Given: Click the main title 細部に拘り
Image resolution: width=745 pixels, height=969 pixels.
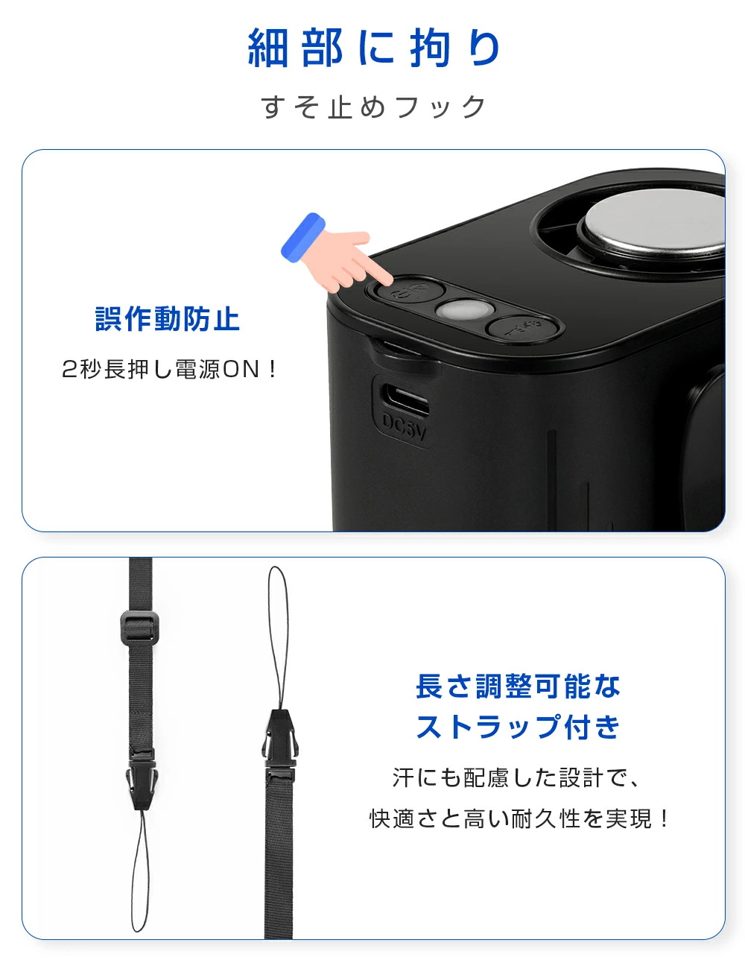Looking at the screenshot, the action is [373, 47].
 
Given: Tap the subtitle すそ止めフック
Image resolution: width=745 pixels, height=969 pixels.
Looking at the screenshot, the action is [373, 107].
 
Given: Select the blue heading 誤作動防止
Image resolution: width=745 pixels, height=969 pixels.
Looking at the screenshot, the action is [168, 319].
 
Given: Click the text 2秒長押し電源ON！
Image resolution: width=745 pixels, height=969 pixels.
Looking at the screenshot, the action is [169, 369].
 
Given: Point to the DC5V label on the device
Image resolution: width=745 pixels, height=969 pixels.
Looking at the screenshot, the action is [404, 427].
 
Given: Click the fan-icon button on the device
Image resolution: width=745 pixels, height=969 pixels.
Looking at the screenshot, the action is [522, 329].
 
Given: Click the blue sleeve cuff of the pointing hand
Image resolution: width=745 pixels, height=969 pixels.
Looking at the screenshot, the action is [302, 237].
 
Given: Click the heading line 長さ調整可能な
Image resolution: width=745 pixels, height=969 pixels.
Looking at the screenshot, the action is [517, 686].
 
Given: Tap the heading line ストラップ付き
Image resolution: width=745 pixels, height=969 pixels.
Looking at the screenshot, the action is [517, 727].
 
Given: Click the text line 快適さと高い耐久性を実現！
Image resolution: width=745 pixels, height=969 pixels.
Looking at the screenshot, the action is [519, 818].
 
